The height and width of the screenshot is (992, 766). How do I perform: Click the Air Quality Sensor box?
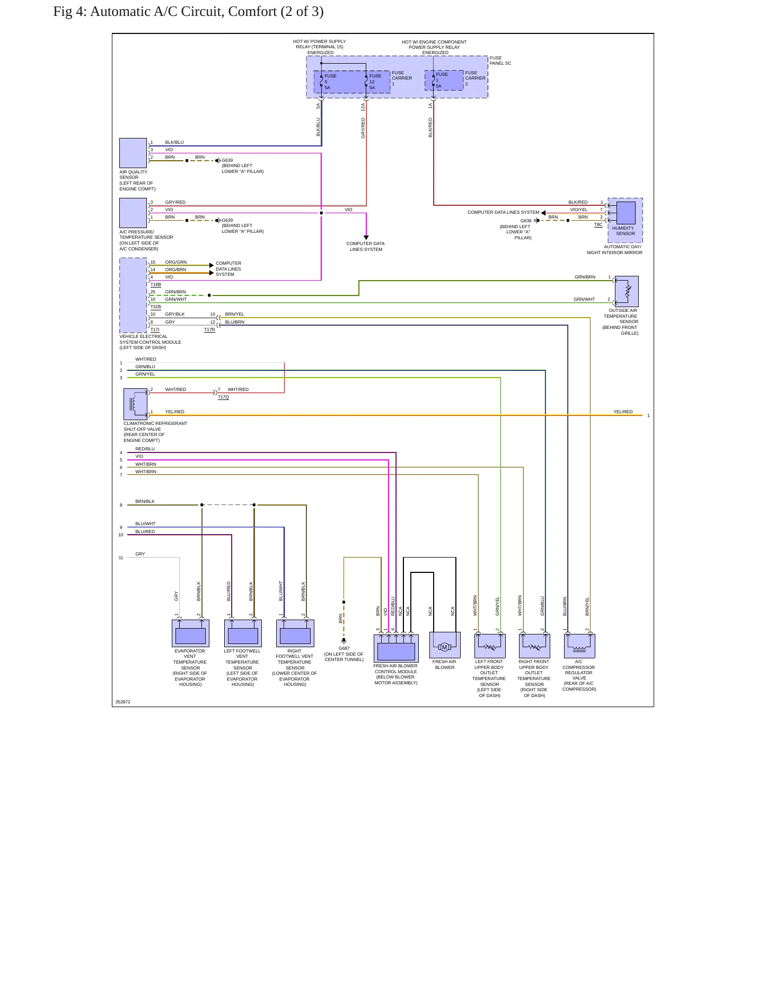click(133, 153)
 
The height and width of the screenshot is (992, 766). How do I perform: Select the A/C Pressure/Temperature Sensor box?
click(133, 213)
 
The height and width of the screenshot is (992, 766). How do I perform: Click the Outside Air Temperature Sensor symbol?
click(627, 291)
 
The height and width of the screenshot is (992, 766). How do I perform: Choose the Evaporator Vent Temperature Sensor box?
click(190, 633)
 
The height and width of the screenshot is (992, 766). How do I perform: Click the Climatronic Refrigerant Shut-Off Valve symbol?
click(135, 404)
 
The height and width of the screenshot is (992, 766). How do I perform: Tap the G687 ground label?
click(344, 648)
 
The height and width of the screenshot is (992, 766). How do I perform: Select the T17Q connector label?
click(223, 397)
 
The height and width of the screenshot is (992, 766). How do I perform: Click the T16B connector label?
click(156, 284)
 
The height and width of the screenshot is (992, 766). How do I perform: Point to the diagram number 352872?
click(123, 702)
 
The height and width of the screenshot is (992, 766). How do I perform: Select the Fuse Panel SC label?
click(500, 60)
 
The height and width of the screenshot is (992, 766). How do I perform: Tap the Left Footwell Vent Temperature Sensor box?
click(243, 633)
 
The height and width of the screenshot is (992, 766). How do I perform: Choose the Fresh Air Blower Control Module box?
click(396, 648)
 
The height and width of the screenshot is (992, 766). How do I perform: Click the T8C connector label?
click(598, 224)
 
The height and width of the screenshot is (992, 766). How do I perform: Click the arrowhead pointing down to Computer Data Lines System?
click(366, 237)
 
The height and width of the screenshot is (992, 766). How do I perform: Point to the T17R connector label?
click(210, 329)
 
